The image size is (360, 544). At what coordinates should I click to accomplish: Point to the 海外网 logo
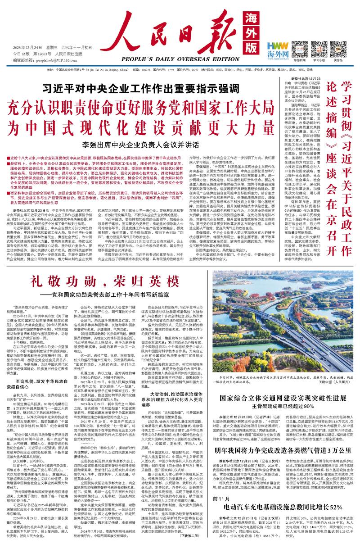pos(278,49)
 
